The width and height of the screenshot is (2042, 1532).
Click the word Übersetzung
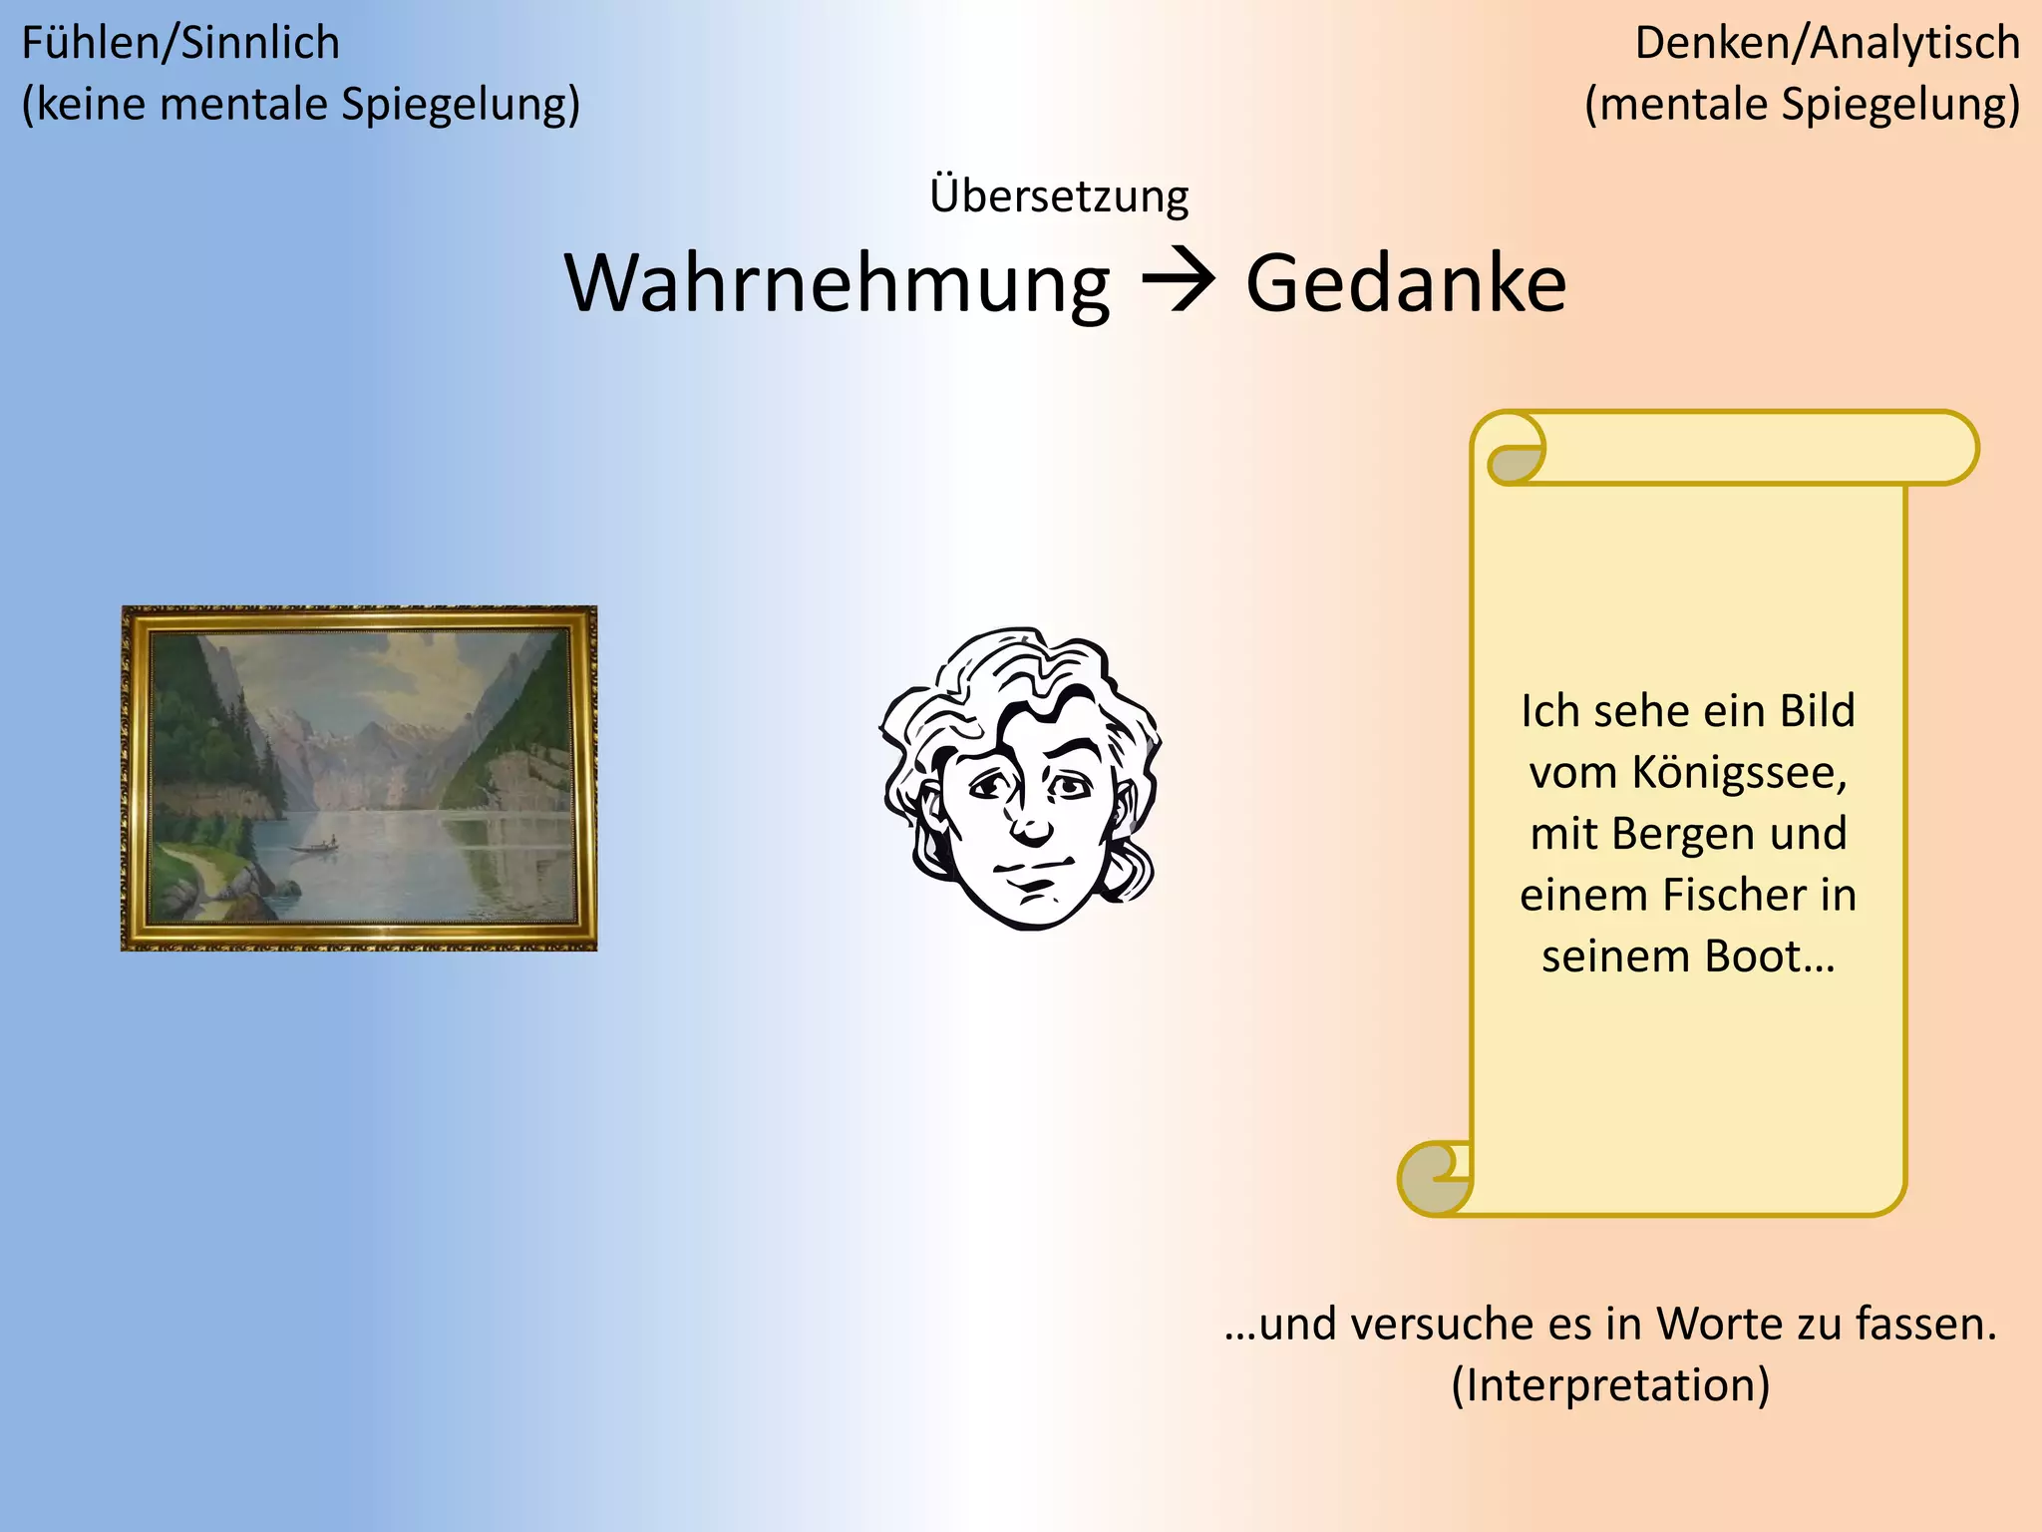coord(1059,195)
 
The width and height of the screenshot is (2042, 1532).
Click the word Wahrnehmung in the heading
coord(838,284)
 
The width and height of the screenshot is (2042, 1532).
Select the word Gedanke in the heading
coord(1406,284)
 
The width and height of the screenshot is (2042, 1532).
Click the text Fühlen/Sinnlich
coord(180,44)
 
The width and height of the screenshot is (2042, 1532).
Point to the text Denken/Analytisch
coord(1827,44)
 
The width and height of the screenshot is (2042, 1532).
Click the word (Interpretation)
coord(1610,1385)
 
